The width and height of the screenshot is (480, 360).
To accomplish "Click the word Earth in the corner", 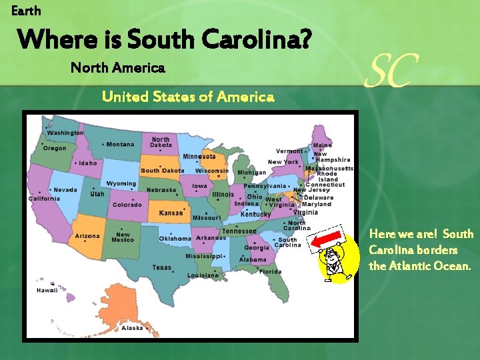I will [26, 11].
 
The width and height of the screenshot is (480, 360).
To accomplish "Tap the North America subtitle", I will [117, 68].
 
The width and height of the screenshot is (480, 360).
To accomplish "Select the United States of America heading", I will [188, 97].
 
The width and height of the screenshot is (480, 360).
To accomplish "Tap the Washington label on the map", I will [65, 133].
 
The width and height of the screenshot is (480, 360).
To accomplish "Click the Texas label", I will [161, 267].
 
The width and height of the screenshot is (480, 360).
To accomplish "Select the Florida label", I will [270, 271].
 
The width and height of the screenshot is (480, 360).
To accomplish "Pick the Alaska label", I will [132, 328].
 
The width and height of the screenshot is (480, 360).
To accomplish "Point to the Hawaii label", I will [47, 291].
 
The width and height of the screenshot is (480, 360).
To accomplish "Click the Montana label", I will [120, 145].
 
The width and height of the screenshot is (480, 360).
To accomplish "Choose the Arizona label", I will [87, 236].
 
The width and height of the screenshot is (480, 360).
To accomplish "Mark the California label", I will [44, 199].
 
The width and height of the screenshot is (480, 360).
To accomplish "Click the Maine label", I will [323, 145].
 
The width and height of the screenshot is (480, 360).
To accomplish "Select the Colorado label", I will [126, 205].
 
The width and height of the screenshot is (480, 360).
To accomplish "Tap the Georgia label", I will [257, 248].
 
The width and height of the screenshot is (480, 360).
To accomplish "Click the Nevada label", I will [65, 190].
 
